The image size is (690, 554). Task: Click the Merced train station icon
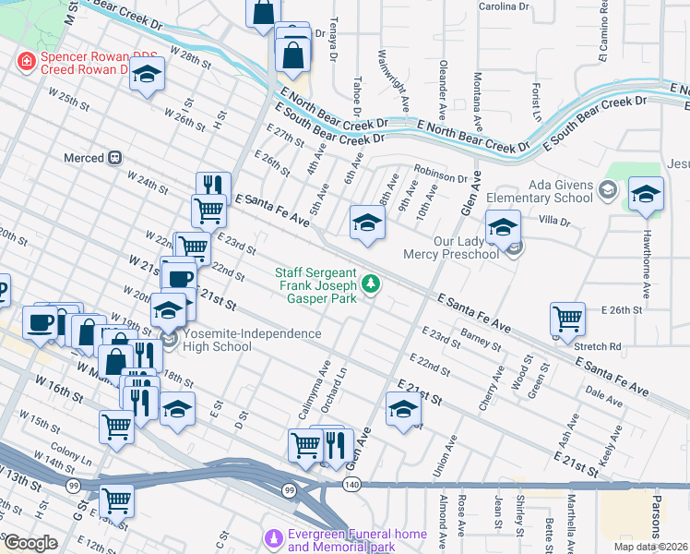[116, 158]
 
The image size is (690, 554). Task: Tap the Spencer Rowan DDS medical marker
[27, 62]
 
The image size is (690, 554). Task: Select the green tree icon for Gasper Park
[371, 283]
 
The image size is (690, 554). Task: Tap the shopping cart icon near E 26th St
[567, 319]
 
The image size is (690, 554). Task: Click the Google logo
[30, 543]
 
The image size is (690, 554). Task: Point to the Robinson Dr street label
[441, 172]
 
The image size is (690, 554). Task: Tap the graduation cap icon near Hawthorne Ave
[646, 194]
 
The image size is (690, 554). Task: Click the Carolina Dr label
[504, 6]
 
